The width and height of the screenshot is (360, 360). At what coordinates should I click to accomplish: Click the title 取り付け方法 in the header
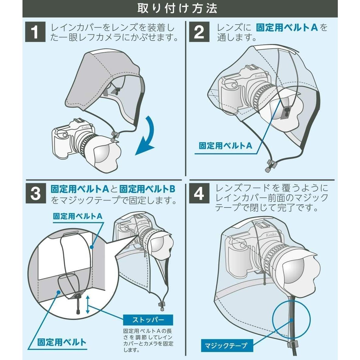point(177,9)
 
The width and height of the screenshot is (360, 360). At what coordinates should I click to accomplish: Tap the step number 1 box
point(35,32)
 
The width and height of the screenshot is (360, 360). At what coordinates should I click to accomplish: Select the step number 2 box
point(199,32)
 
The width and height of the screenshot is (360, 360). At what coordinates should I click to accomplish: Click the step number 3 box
point(36,193)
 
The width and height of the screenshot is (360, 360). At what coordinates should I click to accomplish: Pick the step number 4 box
point(199,193)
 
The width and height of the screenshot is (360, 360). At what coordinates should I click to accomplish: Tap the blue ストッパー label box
point(148,320)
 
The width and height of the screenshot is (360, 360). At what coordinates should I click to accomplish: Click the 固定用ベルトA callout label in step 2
point(225,146)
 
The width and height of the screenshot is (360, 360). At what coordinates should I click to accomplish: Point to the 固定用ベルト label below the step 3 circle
point(62,342)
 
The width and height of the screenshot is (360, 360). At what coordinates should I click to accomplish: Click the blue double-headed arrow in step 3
point(87,304)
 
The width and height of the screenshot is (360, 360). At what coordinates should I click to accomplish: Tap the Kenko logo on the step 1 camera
point(85,127)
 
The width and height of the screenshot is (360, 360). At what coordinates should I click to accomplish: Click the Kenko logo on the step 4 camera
point(271,235)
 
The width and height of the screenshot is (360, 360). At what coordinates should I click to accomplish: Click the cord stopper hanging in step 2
point(271,166)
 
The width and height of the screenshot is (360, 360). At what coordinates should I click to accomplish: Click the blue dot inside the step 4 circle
point(291,320)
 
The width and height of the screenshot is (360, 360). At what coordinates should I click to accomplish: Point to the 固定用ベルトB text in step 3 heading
point(147,189)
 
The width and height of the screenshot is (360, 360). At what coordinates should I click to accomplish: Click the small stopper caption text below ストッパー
point(148,341)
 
